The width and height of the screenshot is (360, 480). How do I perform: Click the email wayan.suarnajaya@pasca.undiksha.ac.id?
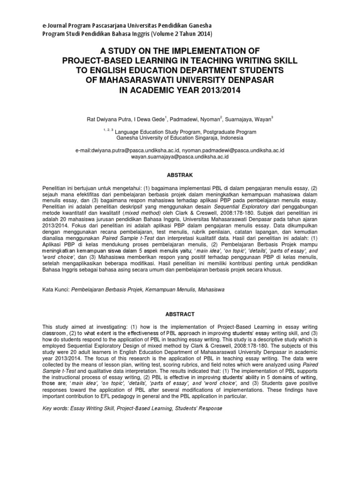pos(180,157)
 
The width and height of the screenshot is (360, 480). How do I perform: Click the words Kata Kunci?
pos(54,290)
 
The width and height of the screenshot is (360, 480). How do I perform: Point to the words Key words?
pos(54,408)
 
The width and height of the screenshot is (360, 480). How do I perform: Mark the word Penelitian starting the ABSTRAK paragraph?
pos(54,187)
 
